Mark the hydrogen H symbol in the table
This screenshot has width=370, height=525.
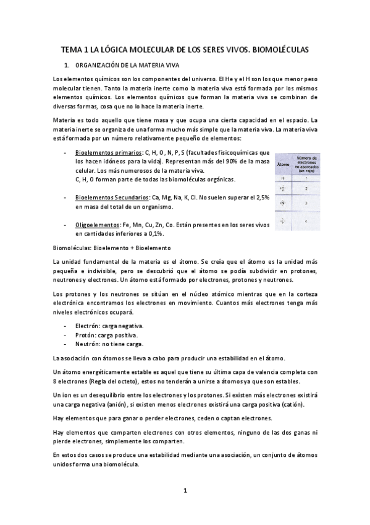click(x=284, y=178)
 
